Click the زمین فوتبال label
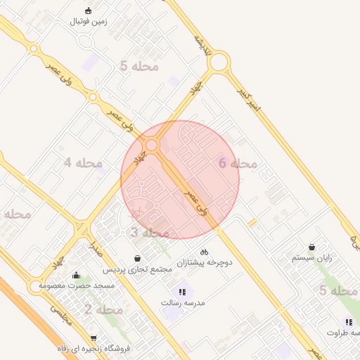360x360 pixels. (x=88, y=22)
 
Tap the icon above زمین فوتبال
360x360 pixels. (x=88, y=11)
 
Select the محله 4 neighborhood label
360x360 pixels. (x=83, y=163)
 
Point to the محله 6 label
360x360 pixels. (x=238, y=163)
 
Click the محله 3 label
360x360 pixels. (x=150, y=233)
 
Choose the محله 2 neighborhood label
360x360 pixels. (x=104, y=309)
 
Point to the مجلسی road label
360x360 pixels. (x=60, y=316)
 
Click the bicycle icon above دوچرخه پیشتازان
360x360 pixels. (x=204, y=251)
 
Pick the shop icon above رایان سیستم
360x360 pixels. (x=311, y=247)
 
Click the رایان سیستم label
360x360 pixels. (x=311, y=258)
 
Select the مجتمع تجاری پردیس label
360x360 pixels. (x=138, y=270)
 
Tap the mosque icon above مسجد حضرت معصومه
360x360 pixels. (x=76, y=275)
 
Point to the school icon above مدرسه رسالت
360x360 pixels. (x=182, y=291)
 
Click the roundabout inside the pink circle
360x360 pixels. (x=152, y=145)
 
